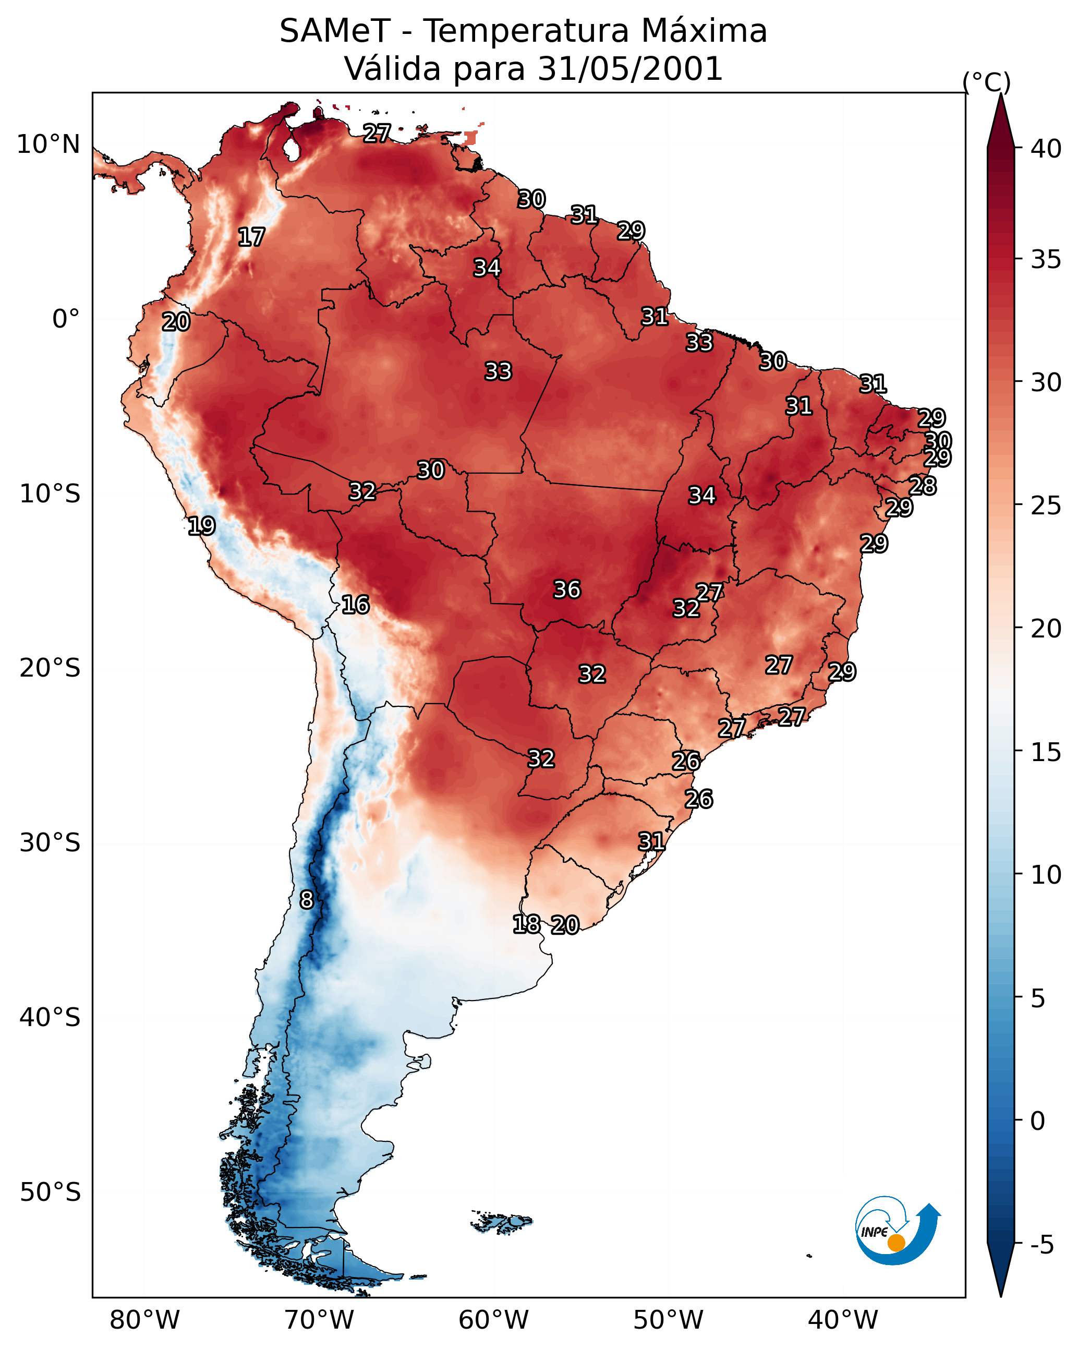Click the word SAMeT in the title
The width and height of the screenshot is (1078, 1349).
click(x=335, y=31)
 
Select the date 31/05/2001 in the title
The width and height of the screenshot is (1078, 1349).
click(x=629, y=69)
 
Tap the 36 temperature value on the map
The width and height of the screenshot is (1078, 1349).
click(x=567, y=589)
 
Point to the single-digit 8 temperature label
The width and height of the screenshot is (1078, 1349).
click(x=306, y=900)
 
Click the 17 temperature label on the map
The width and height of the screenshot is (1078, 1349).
click(x=251, y=237)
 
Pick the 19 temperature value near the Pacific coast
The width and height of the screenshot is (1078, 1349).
click(x=201, y=526)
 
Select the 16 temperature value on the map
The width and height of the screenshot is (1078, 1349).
click(x=355, y=605)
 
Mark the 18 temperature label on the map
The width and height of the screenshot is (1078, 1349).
click(x=526, y=924)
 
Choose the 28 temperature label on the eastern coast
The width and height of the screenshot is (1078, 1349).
click(x=923, y=486)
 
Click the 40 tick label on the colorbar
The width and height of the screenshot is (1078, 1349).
click(x=1046, y=149)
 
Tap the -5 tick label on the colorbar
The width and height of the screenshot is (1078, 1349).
click(x=1041, y=1245)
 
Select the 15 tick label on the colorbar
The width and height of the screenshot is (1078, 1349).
click(x=1046, y=753)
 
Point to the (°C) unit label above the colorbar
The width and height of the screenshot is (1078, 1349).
click(x=987, y=82)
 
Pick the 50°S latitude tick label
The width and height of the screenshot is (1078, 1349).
click(x=50, y=1193)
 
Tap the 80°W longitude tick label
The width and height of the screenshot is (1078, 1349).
click(x=144, y=1320)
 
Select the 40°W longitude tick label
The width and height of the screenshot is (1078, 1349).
click(x=843, y=1320)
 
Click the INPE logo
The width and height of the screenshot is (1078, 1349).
click(x=896, y=1233)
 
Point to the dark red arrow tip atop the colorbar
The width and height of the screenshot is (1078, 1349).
click(x=1000, y=119)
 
